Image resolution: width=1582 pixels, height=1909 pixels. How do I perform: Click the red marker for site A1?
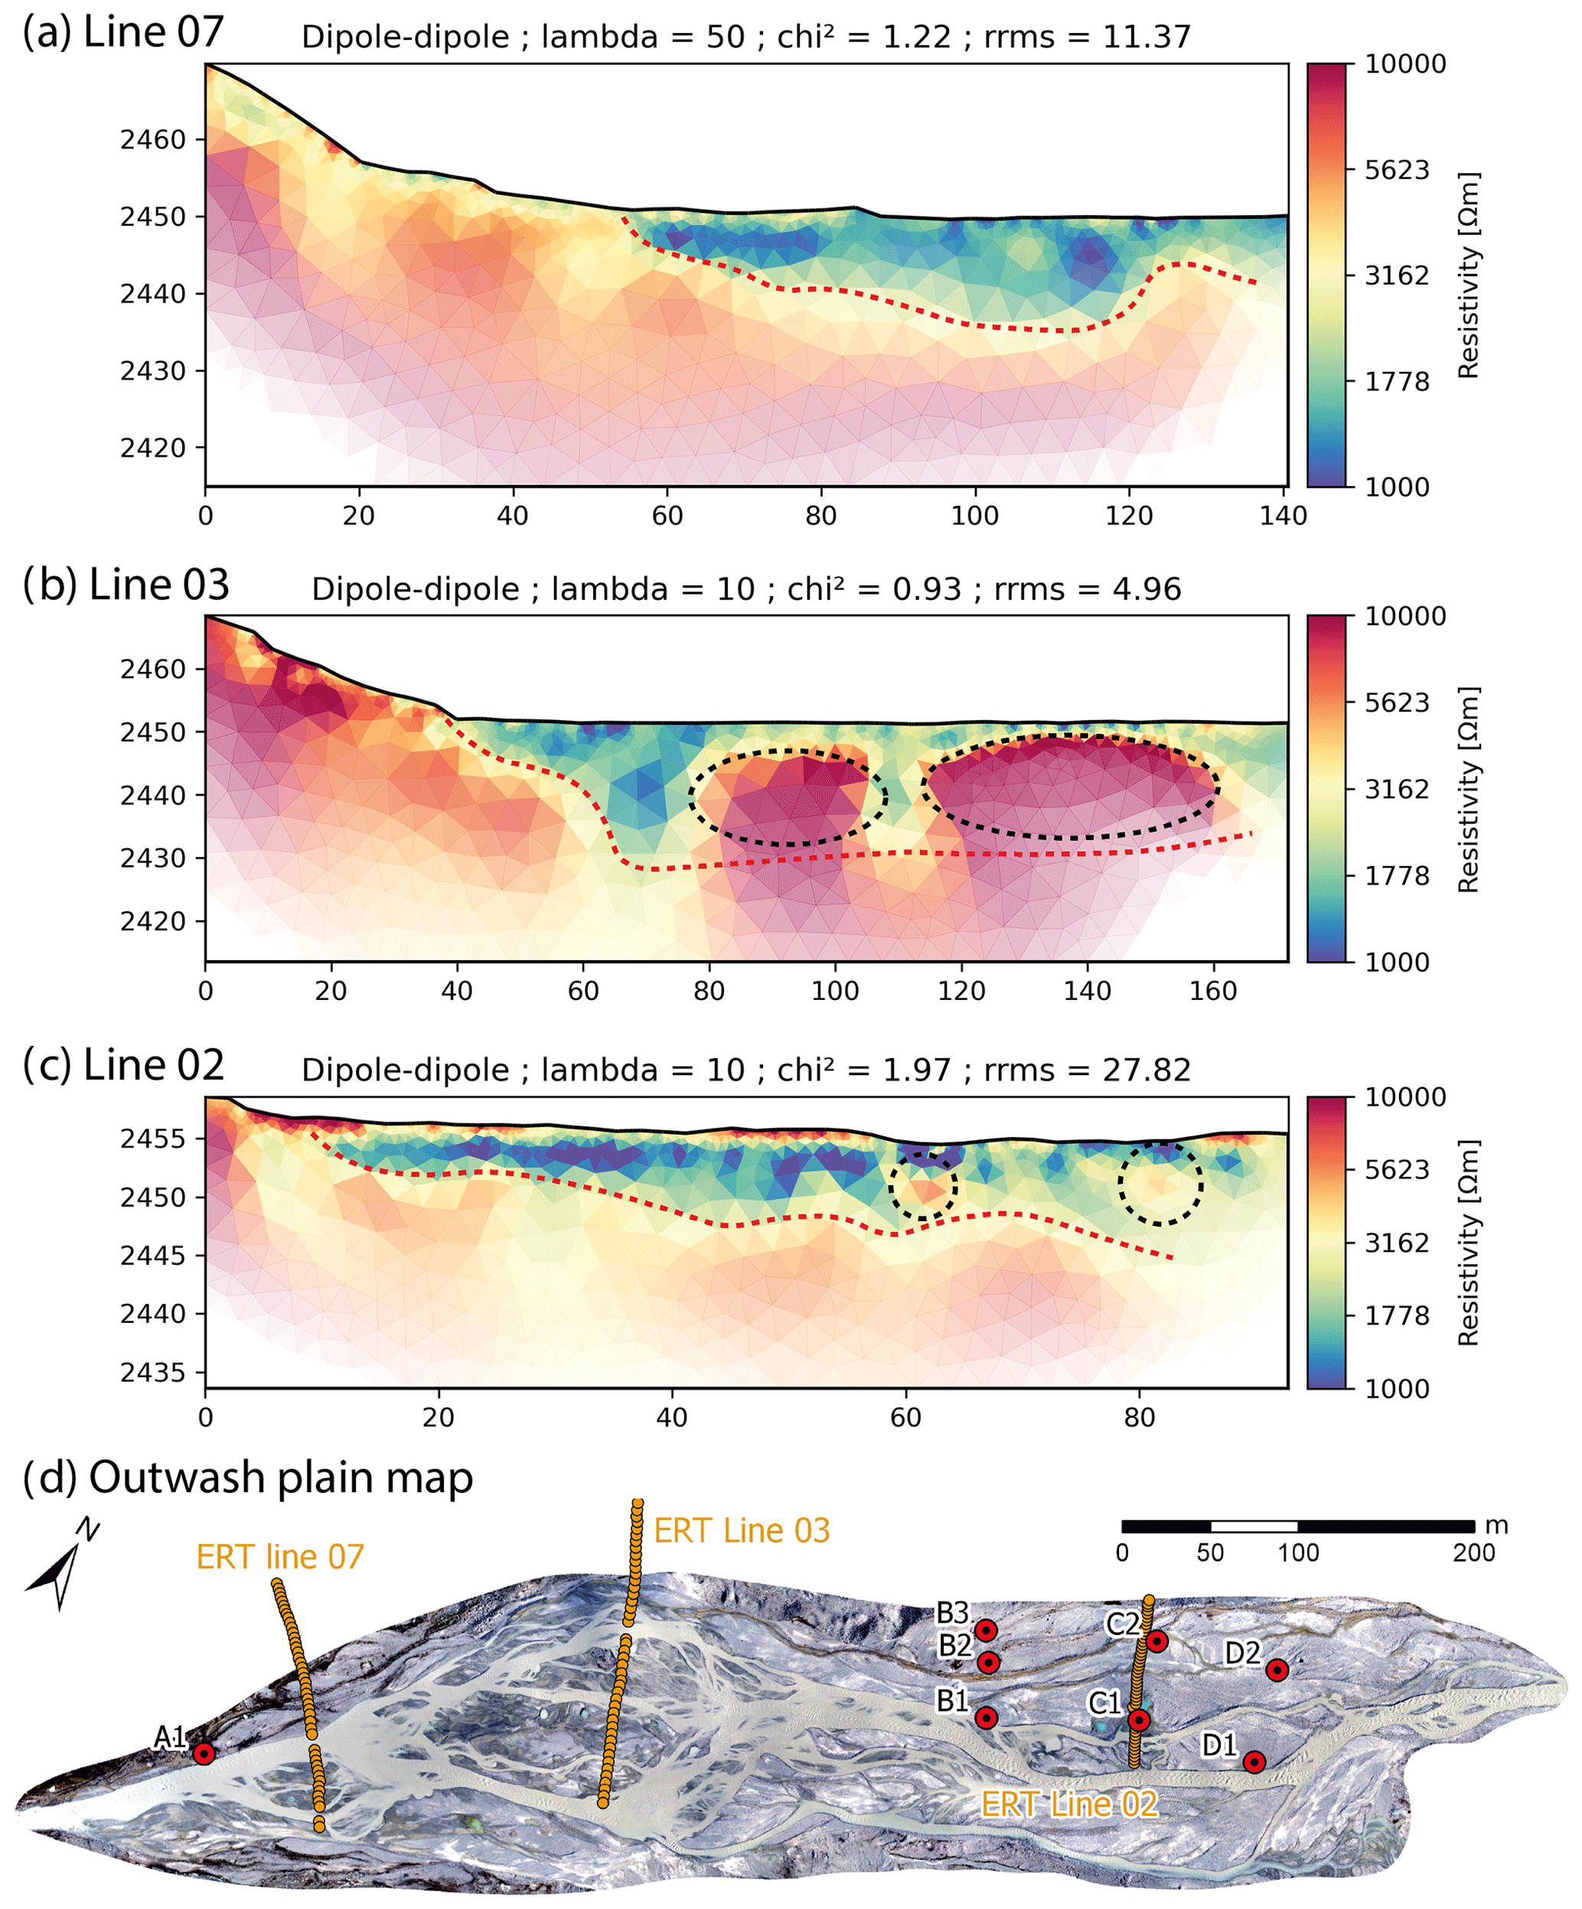tap(204, 1754)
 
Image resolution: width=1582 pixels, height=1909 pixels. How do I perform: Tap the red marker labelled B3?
tap(987, 1630)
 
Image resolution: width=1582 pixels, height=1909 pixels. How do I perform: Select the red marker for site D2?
tap(1277, 1670)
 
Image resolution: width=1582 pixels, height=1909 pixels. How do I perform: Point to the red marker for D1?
tap(1254, 1762)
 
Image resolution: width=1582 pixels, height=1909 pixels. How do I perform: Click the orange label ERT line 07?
tap(280, 1557)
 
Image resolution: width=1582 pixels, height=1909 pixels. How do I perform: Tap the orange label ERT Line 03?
tap(742, 1531)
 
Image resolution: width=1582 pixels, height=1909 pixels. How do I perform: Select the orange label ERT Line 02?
tap(1069, 1804)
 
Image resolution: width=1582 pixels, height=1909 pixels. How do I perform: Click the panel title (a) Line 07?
tap(122, 33)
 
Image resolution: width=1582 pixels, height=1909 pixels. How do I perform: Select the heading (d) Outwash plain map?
tap(247, 1477)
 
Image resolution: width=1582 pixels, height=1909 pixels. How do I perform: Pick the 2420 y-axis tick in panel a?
tap(153, 448)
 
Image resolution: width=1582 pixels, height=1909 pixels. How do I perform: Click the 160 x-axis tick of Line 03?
tap(1213, 991)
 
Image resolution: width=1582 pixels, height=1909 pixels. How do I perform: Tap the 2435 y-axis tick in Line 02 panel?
tap(153, 1372)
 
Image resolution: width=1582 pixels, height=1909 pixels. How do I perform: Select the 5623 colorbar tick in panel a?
tap(1397, 170)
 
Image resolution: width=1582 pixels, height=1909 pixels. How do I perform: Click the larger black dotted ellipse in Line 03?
tap(1070, 787)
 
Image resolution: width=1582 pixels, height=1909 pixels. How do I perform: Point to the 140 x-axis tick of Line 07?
tap(1283, 516)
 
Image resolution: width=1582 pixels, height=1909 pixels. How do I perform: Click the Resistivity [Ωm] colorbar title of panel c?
tap(1469, 1243)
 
